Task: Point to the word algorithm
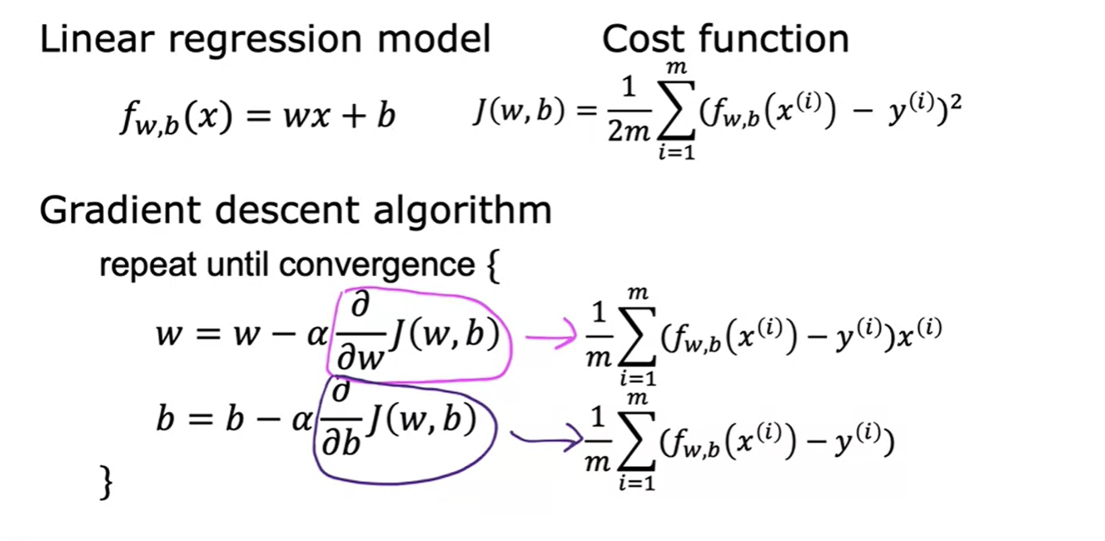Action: (463, 211)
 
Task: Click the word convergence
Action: (377, 265)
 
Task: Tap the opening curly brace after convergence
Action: (493, 266)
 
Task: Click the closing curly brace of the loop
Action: (107, 483)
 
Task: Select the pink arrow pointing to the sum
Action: (550, 337)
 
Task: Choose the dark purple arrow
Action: (546, 438)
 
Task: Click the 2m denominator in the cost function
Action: (629, 131)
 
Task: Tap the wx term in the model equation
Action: (306, 116)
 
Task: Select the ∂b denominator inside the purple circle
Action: (341, 443)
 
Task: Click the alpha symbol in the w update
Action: (317, 335)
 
